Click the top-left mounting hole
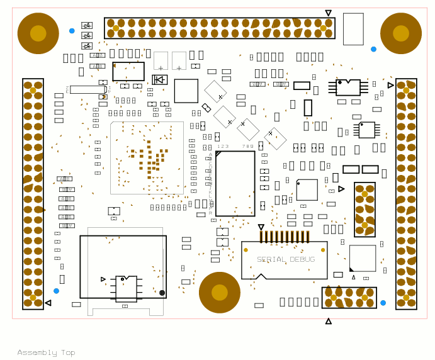(38, 33)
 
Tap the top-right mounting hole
(401, 33)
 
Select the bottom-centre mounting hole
(220, 292)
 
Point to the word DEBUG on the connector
(303, 259)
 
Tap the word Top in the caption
(68, 352)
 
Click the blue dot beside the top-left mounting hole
(72, 30)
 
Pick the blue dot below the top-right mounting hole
(373, 49)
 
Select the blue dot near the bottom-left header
(56, 291)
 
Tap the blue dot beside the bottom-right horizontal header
(383, 303)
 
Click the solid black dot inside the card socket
(162, 293)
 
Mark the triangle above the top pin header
(328, 13)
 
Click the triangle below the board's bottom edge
(328, 322)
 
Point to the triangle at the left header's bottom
(48, 303)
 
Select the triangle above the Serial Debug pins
(261, 227)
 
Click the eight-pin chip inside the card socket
(126, 288)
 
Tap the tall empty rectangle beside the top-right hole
(353, 29)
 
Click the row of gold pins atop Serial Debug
(285, 237)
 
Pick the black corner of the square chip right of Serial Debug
(352, 269)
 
